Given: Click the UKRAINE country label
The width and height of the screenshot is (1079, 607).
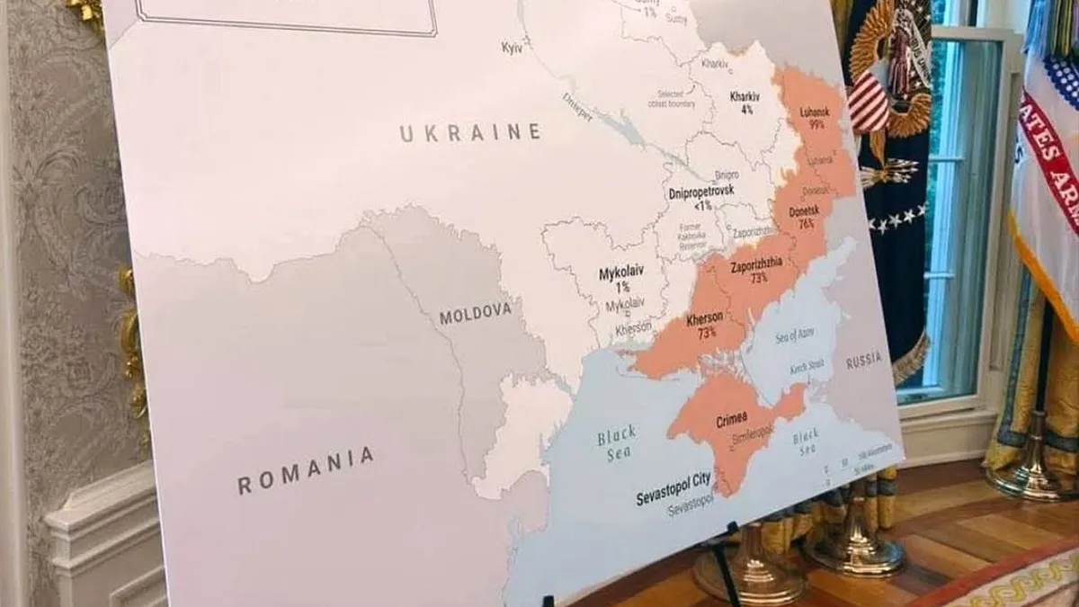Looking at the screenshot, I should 470,133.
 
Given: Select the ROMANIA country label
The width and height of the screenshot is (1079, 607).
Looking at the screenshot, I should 306,471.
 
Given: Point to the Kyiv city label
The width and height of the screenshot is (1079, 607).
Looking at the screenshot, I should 513,47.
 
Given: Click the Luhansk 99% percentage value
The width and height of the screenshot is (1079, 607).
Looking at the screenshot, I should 816,126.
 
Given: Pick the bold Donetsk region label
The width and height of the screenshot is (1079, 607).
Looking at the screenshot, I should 803,210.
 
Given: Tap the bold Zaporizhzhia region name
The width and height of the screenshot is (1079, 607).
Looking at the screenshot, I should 755,263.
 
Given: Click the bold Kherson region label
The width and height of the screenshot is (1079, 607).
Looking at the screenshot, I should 705,318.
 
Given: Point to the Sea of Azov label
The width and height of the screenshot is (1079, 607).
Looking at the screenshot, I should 792,336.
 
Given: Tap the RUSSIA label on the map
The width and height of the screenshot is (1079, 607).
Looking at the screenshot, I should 863,361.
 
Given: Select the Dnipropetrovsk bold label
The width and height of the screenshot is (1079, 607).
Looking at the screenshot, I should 701,192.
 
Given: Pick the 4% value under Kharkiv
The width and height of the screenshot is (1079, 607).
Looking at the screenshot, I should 746,110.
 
